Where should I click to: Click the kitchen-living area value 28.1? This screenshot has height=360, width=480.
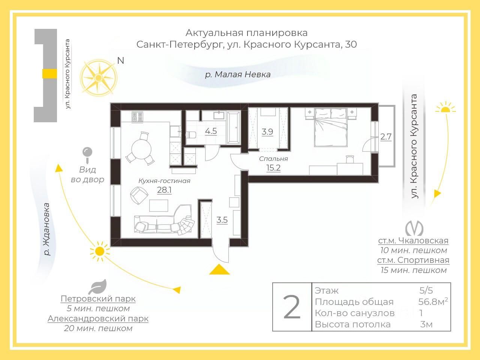pos(164,190)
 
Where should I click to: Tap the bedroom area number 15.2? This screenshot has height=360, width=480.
pos(273,168)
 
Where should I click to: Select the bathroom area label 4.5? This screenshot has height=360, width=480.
pos(211,131)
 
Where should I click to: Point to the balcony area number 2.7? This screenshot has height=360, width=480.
pos(386,137)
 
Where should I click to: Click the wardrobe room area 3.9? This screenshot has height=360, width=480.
pos(267,132)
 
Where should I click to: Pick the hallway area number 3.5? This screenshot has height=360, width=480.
pos(222,220)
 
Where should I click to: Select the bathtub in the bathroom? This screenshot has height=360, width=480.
pos(234,127)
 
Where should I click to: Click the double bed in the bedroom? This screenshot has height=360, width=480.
pos(331,127)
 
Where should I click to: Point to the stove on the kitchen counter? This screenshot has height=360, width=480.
pos(137,117)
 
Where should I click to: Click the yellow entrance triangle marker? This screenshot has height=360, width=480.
pos(219,269)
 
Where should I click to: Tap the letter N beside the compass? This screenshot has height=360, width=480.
pos(121,60)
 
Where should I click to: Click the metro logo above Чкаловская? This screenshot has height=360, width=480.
pos(414,228)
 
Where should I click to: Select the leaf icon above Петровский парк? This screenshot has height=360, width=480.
pos(98,286)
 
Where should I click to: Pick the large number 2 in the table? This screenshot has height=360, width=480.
pos(292,307)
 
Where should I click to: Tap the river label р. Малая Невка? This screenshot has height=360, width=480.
pos(238,75)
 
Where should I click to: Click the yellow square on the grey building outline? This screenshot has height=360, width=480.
pos(49,73)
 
